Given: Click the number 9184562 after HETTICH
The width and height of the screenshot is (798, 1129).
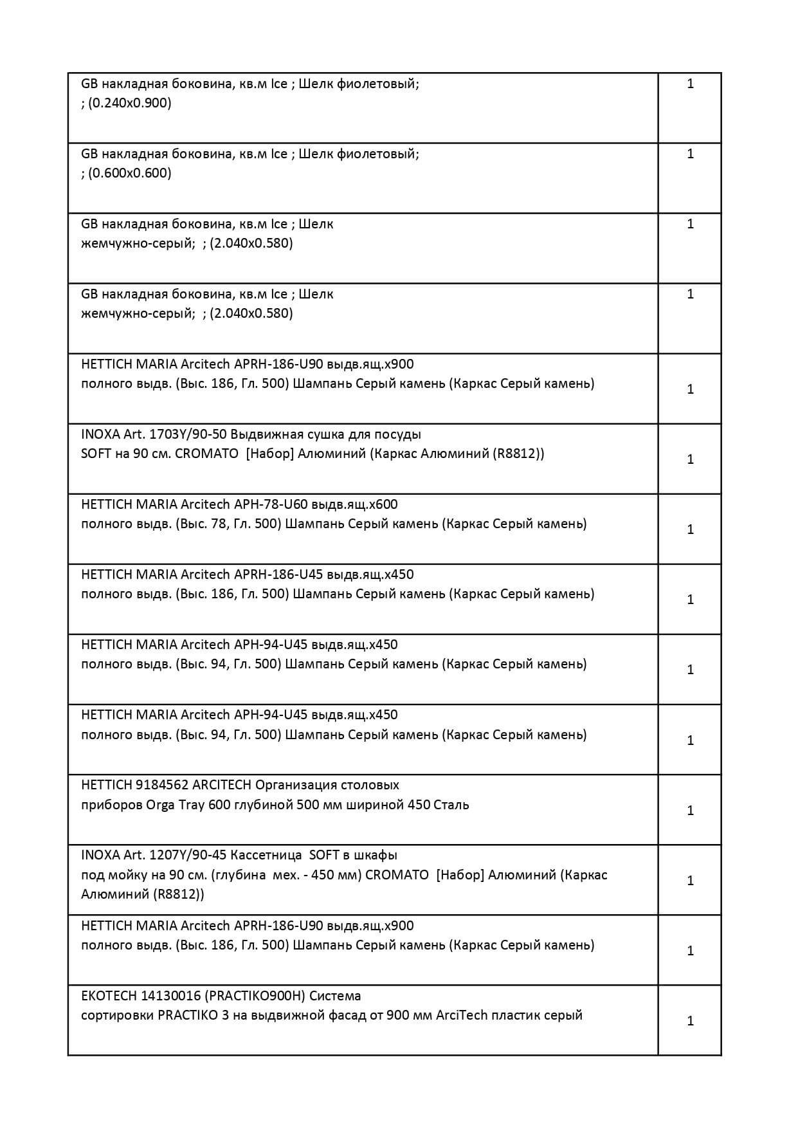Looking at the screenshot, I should tap(161, 785).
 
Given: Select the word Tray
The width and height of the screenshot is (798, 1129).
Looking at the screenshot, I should tap(191, 805).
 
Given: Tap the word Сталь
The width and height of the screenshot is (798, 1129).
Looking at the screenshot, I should tap(451, 805).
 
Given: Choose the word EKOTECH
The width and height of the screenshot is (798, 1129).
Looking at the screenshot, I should tap(109, 996).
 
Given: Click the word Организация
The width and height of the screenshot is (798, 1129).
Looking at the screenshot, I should tap(296, 785).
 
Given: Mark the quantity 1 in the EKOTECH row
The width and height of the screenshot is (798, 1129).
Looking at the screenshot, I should tap(690, 1021).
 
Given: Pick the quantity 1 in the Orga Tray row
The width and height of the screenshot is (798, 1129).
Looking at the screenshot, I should tap(690, 811).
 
